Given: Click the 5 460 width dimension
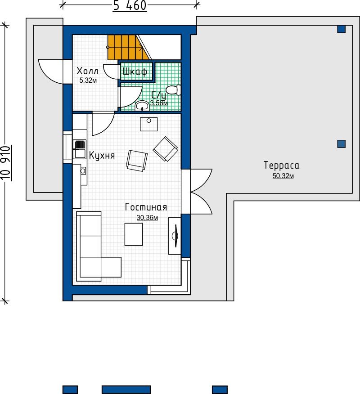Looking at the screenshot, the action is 130,6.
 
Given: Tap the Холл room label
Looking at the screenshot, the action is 87,71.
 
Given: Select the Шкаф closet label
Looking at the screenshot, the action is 135,72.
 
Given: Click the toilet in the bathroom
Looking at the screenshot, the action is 173,90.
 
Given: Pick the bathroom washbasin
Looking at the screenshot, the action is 142,106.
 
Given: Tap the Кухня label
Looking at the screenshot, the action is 102,156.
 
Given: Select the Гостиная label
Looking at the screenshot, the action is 146,207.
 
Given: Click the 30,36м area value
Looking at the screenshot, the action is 147,218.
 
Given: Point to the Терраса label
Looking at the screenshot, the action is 282,166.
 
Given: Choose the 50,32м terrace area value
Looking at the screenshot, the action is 283,176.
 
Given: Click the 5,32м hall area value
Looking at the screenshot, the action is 88,81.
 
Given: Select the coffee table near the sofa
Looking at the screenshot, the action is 134,234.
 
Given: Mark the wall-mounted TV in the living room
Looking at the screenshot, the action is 175,236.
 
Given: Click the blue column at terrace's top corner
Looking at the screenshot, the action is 342,29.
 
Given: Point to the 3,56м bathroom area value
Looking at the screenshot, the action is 159,103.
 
